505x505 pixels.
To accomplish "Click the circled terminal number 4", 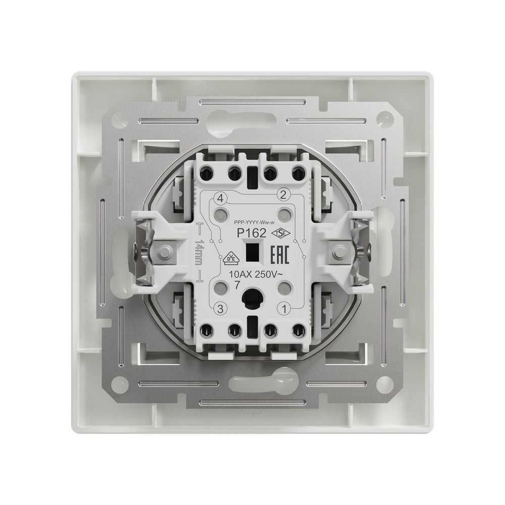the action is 220,198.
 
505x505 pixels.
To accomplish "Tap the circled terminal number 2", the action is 283,194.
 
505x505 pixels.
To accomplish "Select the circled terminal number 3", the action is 220,310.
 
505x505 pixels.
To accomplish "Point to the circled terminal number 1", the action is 284,310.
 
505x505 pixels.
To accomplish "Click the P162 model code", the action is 251,233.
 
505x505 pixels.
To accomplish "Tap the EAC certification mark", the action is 279,255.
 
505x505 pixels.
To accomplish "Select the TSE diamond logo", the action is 281,233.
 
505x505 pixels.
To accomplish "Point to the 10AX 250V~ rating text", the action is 256,275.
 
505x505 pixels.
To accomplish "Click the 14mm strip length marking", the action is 198,252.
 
